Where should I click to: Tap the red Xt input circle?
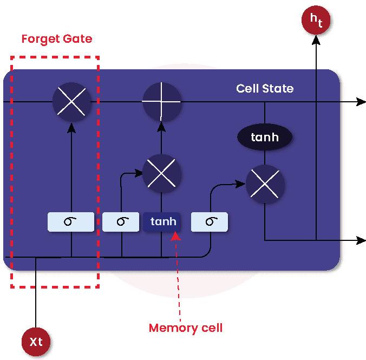(x=36, y=342)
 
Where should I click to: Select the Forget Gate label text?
(x=56, y=40)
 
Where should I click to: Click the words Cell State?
(x=265, y=88)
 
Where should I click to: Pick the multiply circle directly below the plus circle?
(x=161, y=174)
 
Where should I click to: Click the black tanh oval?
(x=265, y=137)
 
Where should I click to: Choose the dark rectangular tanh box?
(x=161, y=222)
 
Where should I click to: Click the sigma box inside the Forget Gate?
(x=71, y=222)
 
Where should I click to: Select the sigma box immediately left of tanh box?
(x=122, y=222)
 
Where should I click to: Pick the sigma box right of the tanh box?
(x=210, y=222)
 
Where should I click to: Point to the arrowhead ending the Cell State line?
(x=361, y=102)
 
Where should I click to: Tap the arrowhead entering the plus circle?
(x=161, y=126)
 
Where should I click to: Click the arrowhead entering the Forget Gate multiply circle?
(x=71, y=126)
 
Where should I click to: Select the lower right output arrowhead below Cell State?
(x=361, y=240)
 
